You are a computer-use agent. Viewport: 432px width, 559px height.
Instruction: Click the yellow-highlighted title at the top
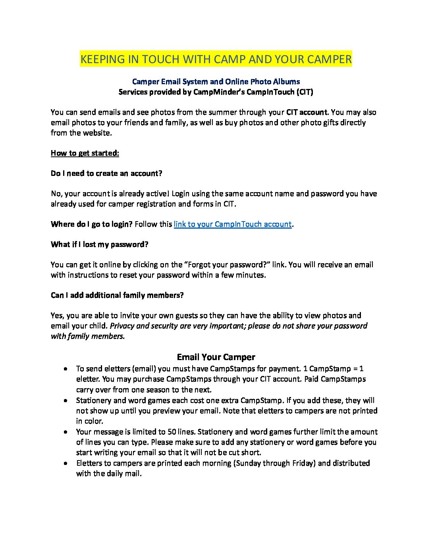click(216, 59)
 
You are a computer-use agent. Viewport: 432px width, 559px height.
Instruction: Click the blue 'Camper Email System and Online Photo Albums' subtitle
click(216, 82)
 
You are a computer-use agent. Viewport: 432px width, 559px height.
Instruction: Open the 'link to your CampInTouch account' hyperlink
click(233, 224)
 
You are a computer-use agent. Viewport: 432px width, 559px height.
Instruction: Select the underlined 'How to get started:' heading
click(85, 153)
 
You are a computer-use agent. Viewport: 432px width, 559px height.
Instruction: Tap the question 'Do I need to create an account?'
click(106, 173)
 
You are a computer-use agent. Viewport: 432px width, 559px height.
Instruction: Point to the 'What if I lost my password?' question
click(99, 245)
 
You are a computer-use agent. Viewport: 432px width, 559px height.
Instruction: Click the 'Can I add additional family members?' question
click(117, 295)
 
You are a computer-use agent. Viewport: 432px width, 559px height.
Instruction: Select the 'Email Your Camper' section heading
click(216, 357)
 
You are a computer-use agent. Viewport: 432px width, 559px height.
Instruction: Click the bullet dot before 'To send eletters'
click(65, 369)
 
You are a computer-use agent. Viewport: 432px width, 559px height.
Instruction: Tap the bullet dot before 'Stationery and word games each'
click(65, 401)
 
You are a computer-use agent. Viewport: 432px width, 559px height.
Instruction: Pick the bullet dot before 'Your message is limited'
click(65, 432)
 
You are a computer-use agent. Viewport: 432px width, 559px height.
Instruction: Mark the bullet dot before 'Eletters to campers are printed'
click(65, 463)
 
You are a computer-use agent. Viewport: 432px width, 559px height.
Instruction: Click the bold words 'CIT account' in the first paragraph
click(307, 112)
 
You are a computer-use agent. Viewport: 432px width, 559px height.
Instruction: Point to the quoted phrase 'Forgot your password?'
click(226, 265)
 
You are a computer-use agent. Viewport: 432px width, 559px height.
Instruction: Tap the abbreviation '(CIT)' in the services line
click(305, 92)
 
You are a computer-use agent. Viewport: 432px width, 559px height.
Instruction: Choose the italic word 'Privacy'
click(122, 326)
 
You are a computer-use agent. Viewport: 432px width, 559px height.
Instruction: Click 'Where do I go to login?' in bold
click(91, 224)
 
